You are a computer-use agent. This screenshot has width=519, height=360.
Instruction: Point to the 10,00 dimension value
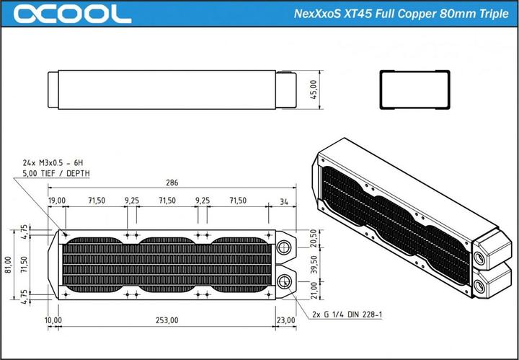pyautogui.click(x=53, y=320)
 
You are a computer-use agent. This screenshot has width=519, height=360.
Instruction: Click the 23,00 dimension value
pyautogui.click(x=285, y=320)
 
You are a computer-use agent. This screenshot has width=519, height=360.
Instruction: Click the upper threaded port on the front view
pyautogui.click(x=283, y=247)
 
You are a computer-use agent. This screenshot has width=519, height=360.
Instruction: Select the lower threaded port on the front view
pyautogui.click(x=283, y=282)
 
